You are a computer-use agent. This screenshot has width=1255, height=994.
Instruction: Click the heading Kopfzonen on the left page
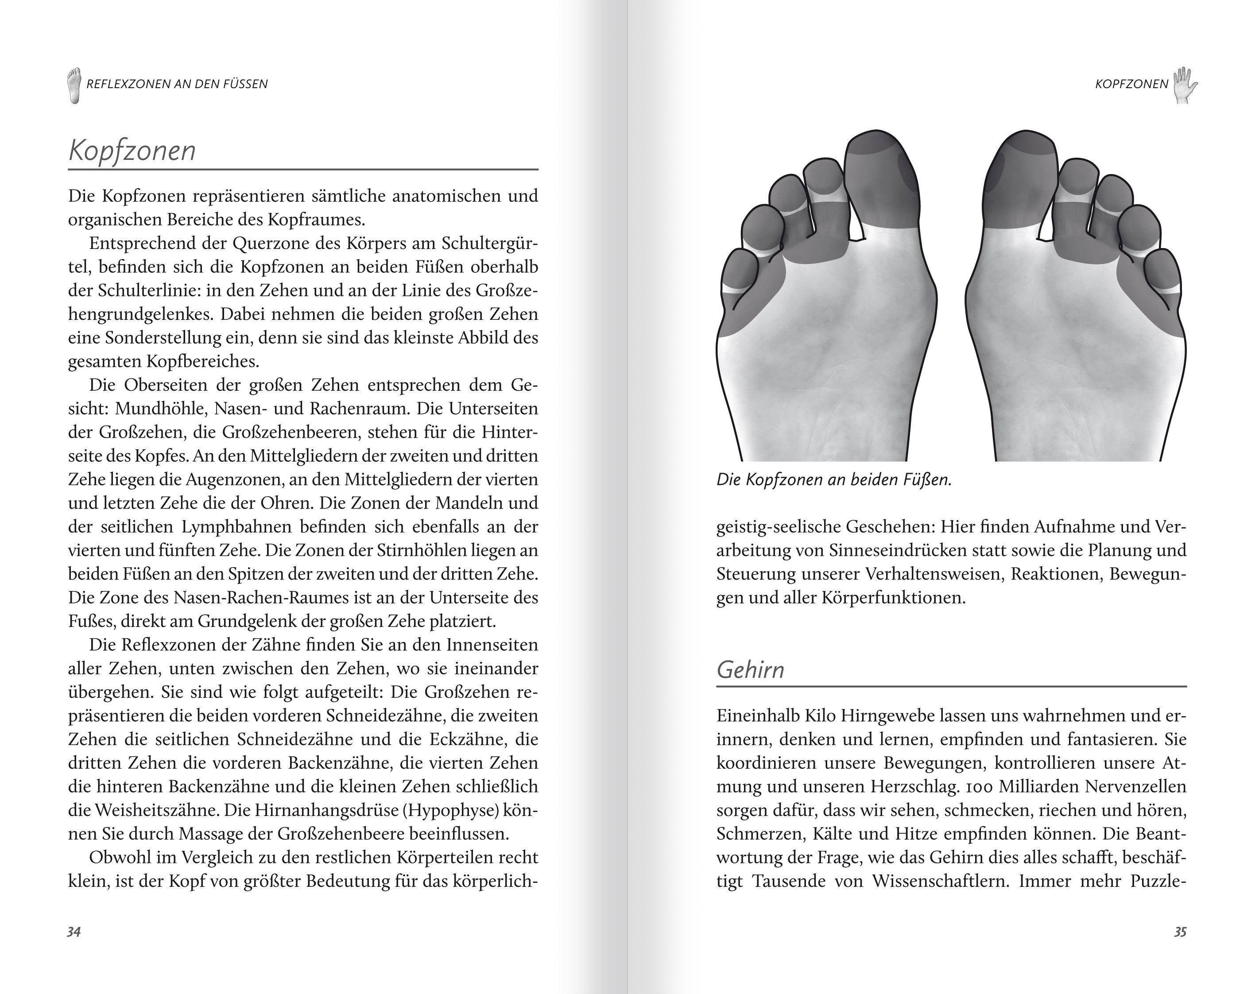(132, 151)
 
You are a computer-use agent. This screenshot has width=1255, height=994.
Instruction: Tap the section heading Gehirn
(750, 670)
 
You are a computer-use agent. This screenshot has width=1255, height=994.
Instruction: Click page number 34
(74, 932)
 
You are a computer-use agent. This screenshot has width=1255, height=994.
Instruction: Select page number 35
(1180, 932)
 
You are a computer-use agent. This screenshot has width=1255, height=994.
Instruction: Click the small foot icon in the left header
(74, 85)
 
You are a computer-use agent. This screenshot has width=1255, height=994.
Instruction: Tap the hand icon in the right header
(1185, 85)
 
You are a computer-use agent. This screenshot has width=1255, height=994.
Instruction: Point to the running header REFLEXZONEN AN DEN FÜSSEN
(177, 84)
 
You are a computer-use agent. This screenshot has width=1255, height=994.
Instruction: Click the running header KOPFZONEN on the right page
(1131, 84)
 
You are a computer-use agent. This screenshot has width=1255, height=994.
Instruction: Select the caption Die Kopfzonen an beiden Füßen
(834, 480)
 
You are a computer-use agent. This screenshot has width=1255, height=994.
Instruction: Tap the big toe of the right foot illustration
(1022, 180)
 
